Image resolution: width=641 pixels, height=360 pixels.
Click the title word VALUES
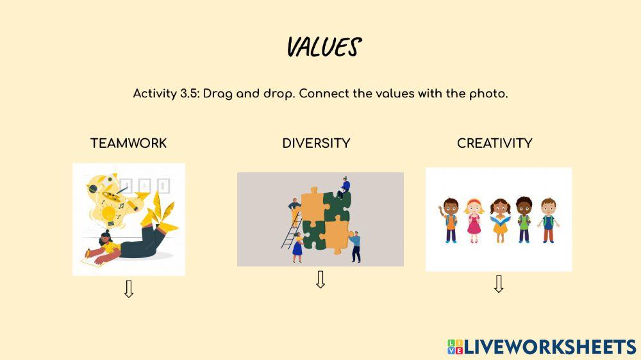(x=323, y=47)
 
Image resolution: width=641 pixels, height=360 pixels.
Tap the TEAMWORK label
(x=128, y=143)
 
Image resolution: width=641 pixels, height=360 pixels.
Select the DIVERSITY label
(x=316, y=143)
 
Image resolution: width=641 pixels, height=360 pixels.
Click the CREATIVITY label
(x=494, y=143)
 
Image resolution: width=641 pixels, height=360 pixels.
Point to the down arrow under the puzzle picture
(x=320, y=280)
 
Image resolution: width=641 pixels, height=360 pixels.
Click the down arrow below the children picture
(x=499, y=284)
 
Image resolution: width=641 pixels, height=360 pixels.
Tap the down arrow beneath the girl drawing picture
(x=129, y=289)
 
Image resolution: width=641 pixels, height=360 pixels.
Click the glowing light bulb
(x=109, y=213)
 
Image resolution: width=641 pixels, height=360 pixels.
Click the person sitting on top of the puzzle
(x=344, y=186)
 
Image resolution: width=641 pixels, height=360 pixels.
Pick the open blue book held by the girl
(x=499, y=222)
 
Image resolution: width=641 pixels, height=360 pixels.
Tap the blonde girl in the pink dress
(x=473, y=218)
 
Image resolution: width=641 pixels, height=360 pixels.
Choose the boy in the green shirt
(x=524, y=218)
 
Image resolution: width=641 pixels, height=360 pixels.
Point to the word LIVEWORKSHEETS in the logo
(x=549, y=347)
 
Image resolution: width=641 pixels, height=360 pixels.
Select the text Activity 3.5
(x=166, y=94)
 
